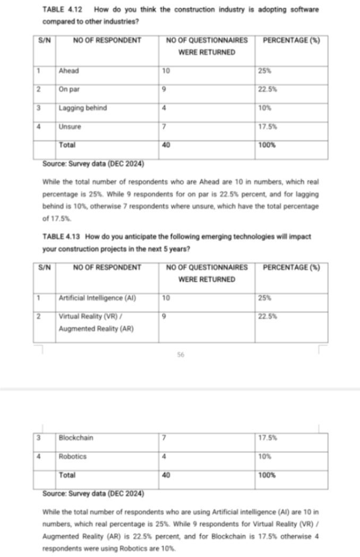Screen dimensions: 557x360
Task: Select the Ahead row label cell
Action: (x=69, y=71)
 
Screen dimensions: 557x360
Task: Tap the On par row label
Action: (x=70, y=89)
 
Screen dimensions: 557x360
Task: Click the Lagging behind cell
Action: (x=83, y=108)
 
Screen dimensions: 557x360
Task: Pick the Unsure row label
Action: (x=70, y=127)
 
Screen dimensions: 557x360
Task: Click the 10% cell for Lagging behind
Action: (x=265, y=108)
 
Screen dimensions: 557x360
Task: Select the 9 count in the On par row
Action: (x=165, y=89)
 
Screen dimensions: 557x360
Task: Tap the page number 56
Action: (x=180, y=355)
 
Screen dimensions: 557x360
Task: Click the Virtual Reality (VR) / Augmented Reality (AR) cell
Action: (x=96, y=322)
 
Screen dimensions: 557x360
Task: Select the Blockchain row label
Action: (x=76, y=438)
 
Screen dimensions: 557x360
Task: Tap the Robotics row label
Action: (x=73, y=456)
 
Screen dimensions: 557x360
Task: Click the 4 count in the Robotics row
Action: (x=165, y=456)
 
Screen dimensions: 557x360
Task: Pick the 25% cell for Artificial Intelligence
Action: (x=264, y=298)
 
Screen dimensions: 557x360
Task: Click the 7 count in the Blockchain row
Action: (x=165, y=438)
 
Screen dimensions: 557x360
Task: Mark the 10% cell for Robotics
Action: (x=265, y=456)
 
